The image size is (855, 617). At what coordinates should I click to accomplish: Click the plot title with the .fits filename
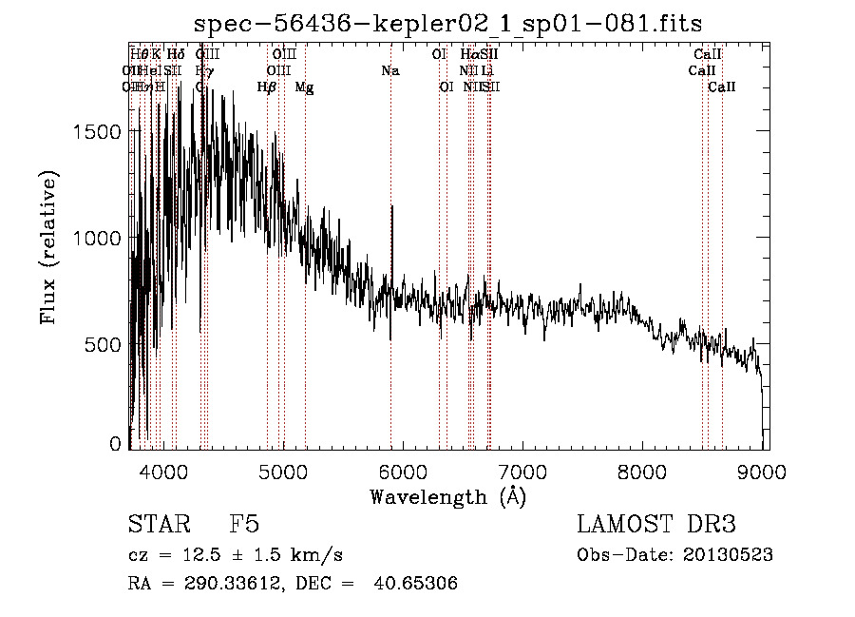coord(447,24)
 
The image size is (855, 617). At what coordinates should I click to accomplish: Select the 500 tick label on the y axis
coord(104,343)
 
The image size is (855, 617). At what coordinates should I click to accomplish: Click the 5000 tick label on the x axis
coord(283,470)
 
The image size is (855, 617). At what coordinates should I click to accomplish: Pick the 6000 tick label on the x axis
coord(403,470)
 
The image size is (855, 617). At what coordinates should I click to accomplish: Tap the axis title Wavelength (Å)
coord(447,495)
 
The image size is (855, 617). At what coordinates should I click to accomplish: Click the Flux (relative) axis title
coord(48,248)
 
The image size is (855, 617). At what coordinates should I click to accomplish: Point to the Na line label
coord(389,71)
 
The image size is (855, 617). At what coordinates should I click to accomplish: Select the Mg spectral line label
coord(304,87)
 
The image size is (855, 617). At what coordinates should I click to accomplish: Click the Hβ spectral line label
coord(267,87)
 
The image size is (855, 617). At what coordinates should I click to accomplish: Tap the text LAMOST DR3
coord(655,525)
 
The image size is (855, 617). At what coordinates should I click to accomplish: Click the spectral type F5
coord(244,525)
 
